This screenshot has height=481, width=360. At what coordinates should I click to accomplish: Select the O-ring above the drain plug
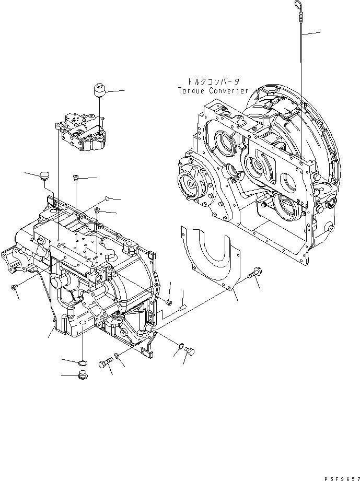coord(83,362)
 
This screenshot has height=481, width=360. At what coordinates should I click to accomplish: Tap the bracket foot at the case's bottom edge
coord(148,355)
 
